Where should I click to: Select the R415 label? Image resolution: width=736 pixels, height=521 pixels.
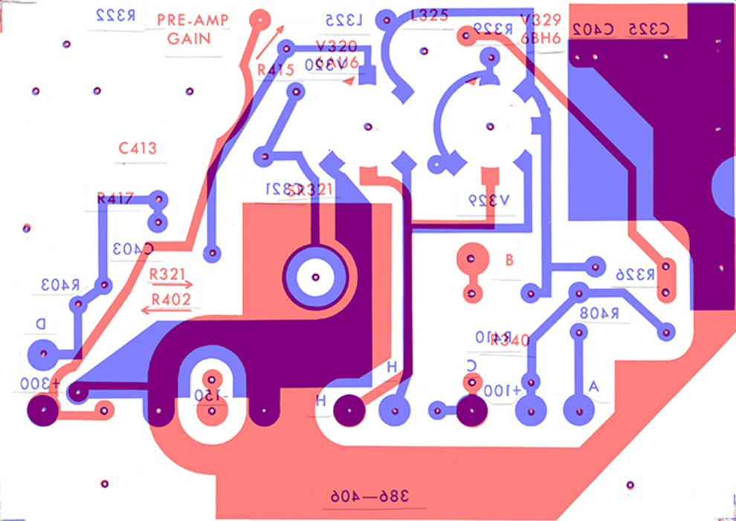[276, 70]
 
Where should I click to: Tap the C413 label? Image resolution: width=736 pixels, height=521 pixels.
[138, 148]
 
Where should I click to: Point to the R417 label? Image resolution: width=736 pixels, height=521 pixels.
[114, 199]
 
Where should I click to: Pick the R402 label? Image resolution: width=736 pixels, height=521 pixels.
[171, 299]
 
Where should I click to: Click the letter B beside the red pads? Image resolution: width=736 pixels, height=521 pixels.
[509, 260]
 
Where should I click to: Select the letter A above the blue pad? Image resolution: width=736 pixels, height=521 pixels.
[593, 386]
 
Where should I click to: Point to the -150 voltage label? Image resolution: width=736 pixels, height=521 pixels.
[209, 395]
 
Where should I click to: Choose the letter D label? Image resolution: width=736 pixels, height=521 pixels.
[41, 324]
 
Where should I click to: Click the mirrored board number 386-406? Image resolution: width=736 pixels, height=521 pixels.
[369, 496]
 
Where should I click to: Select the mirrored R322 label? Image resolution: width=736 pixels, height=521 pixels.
[116, 16]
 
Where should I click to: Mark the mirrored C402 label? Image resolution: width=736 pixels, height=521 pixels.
[593, 29]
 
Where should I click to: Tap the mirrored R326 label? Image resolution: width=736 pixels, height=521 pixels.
[634, 275]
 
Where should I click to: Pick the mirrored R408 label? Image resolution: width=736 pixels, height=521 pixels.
[601, 314]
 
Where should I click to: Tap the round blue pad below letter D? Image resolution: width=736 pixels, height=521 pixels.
[43, 354]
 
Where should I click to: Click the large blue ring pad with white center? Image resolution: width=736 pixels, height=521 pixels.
[315, 278]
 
